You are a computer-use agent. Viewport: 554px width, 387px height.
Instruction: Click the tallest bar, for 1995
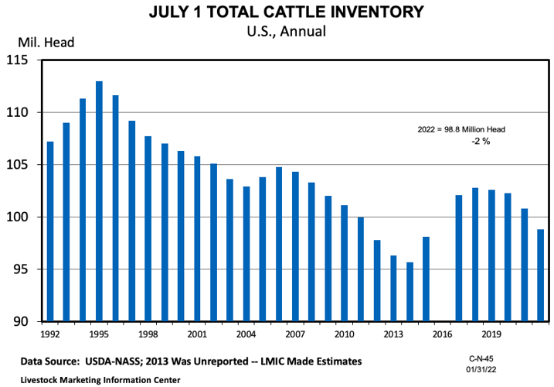click(99, 201)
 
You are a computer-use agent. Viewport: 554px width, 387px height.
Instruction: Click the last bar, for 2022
click(540, 275)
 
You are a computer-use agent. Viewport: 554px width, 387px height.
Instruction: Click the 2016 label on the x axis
click(443, 334)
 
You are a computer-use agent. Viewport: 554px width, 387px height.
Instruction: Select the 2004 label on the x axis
click(246, 334)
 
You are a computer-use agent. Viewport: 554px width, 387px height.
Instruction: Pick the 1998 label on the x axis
click(148, 334)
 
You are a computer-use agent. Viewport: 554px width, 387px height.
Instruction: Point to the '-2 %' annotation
click(481, 142)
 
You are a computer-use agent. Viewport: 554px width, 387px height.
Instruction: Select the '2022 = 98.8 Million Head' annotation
click(461, 129)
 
